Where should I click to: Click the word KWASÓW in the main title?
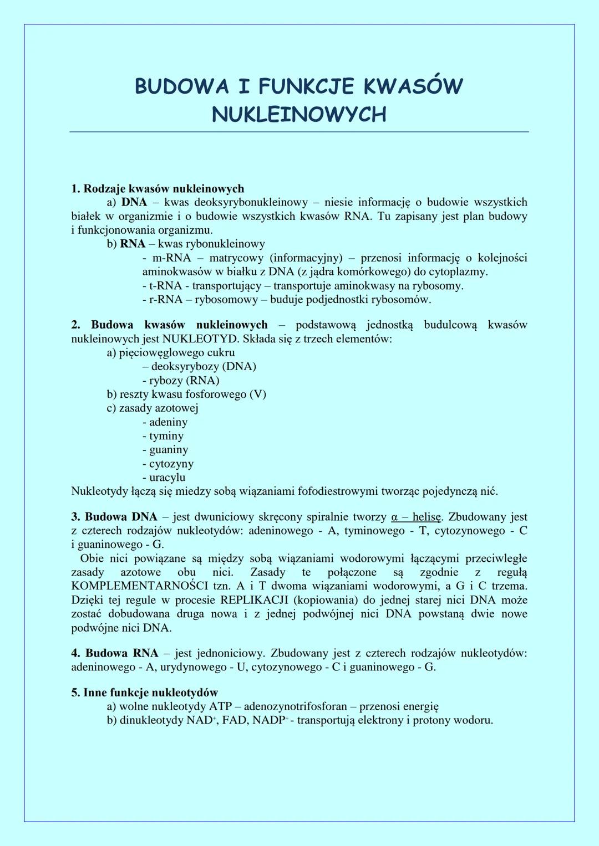point(413,86)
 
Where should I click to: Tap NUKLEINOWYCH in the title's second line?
point(299,115)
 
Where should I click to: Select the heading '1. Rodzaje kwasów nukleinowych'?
point(158,189)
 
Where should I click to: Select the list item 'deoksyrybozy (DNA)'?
point(203,366)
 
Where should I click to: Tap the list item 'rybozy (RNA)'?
point(184,381)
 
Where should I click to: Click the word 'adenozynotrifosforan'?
point(295,706)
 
